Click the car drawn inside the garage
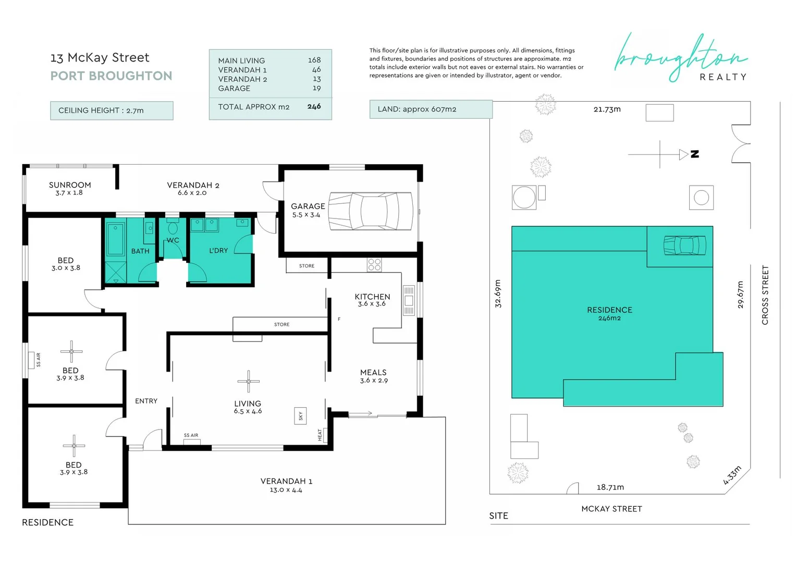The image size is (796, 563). [370, 211]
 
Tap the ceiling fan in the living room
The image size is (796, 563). [249, 382]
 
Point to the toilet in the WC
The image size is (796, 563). [173, 228]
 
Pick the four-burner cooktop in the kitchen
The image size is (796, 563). [374, 265]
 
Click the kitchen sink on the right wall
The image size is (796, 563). [409, 300]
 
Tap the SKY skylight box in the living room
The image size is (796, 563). [300, 415]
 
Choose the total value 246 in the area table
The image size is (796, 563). [314, 106]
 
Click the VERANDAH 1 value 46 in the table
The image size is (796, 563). [316, 70]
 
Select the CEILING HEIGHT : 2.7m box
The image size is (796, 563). [112, 111]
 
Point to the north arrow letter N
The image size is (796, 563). [695, 154]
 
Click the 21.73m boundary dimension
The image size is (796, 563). [607, 109]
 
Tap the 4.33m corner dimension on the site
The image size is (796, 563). [732, 475]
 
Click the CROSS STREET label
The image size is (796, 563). [765, 295]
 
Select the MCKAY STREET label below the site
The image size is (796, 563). [611, 509]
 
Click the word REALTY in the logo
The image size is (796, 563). [722, 77]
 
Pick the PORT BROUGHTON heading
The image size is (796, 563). [111, 76]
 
